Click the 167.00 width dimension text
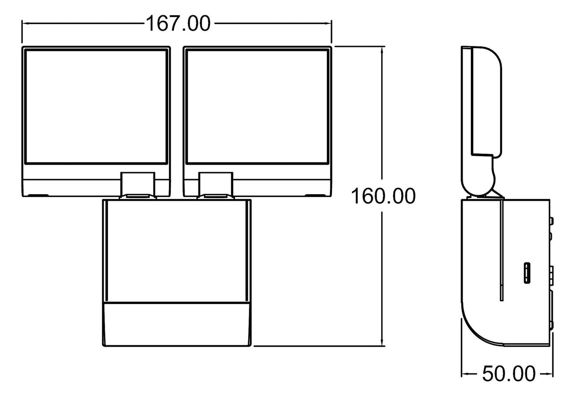pyautogui.click(x=177, y=23)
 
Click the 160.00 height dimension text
pyautogui.click(x=383, y=196)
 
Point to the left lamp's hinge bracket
pyautogui.click(x=138, y=184)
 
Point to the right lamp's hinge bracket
pyautogui.click(x=216, y=184)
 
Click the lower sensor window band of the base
pyautogui.click(x=177, y=323)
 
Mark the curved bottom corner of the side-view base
pyautogui.click(x=474, y=327)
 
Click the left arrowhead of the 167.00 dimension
pyautogui.click(x=25, y=23)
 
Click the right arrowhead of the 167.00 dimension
pyautogui.click(x=329, y=23)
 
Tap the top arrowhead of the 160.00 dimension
pyautogui.click(x=383, y=49)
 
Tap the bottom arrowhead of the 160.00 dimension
pyautogui.click(x=383, y=342)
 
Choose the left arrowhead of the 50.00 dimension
pyautogui.click(x=465, y=374)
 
